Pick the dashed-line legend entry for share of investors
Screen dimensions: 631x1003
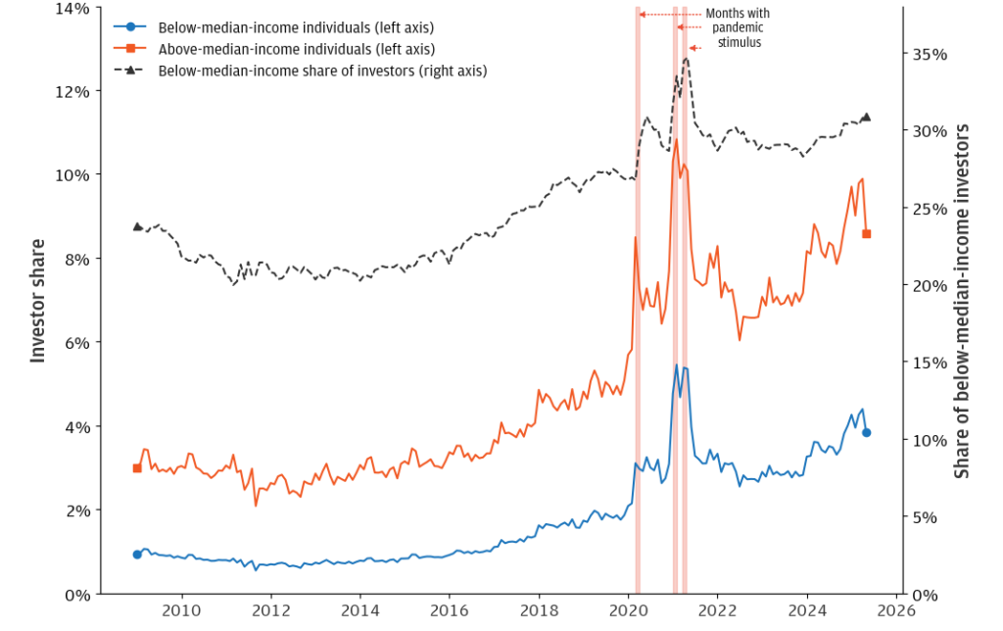click(x=322, y=71)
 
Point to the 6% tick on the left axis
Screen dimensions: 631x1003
click(x=79, y=343)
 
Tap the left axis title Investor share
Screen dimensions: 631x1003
click(x=38, y=301)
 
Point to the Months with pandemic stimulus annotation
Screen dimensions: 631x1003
click(x=738, y=28)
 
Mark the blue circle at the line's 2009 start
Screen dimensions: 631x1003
click(x=137, y=555)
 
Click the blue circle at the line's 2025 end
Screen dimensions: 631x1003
click(x=866, y=432)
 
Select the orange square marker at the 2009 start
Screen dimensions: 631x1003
click(x=137, y=468)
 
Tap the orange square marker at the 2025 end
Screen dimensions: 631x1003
click(x=866, y=233)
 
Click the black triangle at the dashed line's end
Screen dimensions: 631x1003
click(x=866, y=118)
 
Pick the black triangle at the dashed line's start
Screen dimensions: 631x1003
click(x=137, y=226)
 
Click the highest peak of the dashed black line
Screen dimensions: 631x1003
click(x=686, y=58)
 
